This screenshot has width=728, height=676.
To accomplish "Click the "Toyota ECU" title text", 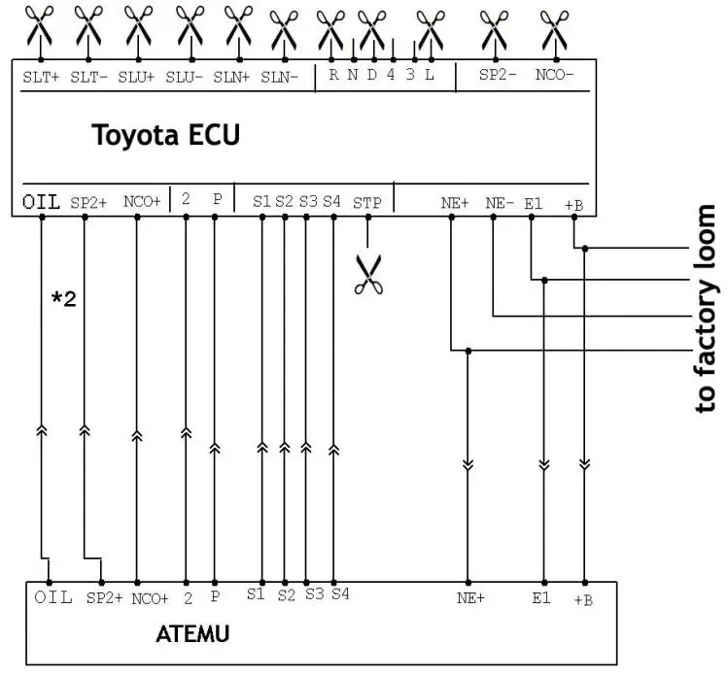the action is coord(166,135).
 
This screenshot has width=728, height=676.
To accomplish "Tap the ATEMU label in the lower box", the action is coord(192,634).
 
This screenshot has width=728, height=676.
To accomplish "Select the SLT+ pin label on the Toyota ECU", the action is coord(41,77).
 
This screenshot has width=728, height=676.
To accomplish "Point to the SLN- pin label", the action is coord(280,77).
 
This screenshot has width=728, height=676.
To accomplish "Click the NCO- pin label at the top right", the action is coord(554,75).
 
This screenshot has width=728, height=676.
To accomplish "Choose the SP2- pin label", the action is coord(498,75).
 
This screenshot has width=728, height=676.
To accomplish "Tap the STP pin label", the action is coord(366,203).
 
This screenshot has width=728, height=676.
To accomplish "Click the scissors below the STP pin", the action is coord(368,274).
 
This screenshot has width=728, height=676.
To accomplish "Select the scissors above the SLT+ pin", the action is coord(40,25).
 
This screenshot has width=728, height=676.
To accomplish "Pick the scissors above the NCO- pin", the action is coord(555,30).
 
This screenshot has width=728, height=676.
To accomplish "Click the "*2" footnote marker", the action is coord(63,298).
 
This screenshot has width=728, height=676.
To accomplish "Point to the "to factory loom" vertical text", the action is coord(706,309).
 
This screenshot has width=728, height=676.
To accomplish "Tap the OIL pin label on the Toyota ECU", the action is coord(42,202).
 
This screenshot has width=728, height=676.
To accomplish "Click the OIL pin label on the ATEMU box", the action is coord(53,597).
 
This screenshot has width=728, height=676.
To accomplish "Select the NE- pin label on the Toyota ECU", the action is coord(500,203).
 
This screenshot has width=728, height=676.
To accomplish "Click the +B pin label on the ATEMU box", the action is coord(583,600).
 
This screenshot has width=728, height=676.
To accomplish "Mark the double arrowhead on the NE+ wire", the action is coord(468,464).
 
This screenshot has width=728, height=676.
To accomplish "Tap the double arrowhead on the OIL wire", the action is coord(42,430).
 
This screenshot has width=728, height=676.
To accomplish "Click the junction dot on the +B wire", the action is coord(585,249).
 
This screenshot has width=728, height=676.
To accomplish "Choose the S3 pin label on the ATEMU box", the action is coord(314,593).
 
